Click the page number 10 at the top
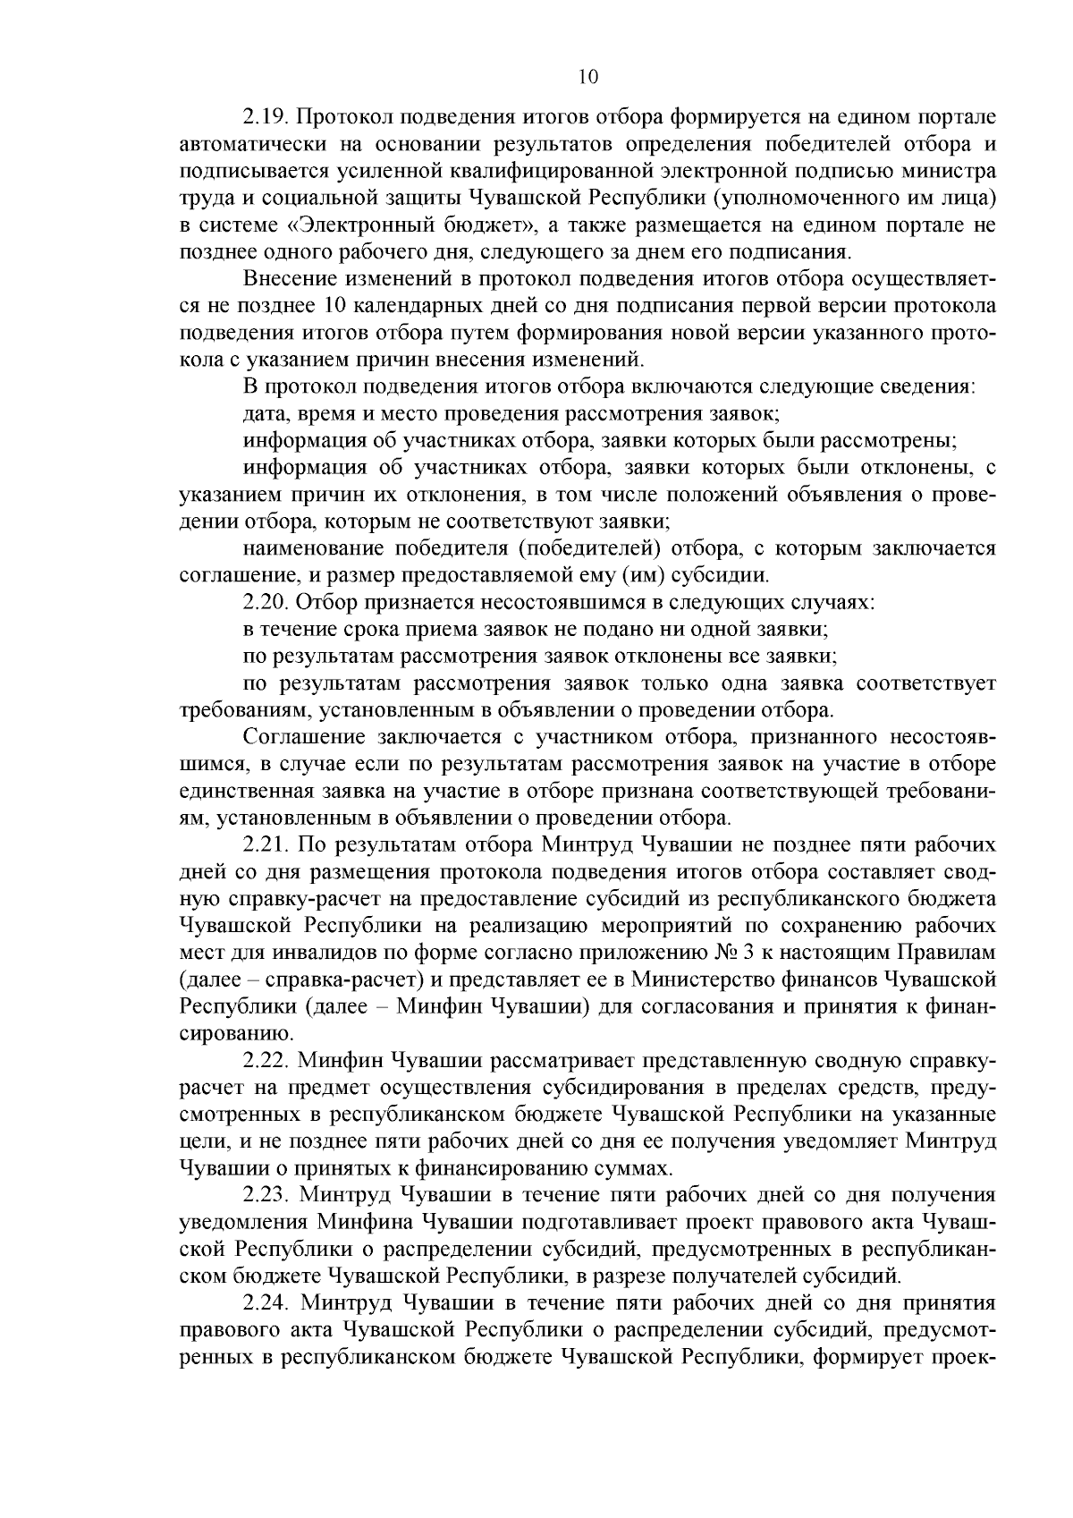pos(587,77)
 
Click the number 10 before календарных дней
pos(326,307)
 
